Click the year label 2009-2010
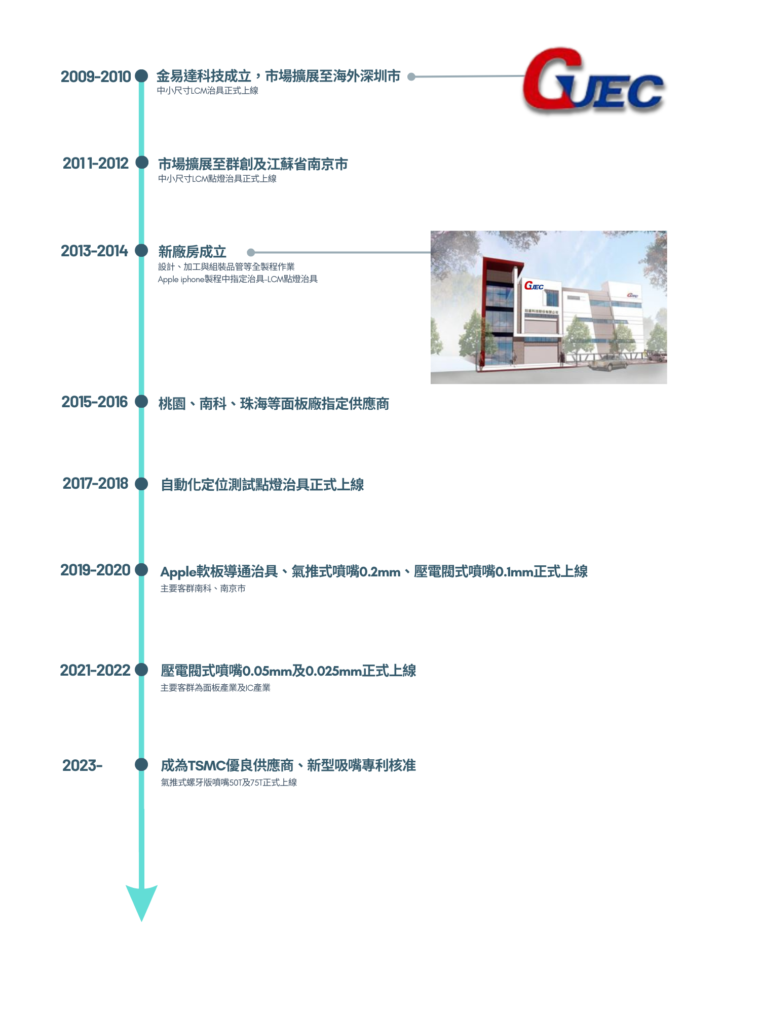(96, 76)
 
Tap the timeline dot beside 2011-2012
(142, 163)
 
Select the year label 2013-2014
(94, 251)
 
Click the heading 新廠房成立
(192, 252)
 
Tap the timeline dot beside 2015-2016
(142, 402)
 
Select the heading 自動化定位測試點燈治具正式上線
(262, 485)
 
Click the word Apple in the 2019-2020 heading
(178, 572)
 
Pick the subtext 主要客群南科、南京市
(203, 589)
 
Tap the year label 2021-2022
(95, 670)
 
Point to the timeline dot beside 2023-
(142, 764)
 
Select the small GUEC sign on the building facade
(534, 286)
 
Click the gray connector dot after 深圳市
(411, 77)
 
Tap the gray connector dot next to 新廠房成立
(250, 252)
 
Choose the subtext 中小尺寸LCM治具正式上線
(208, 91)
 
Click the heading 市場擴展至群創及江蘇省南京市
(253, 164)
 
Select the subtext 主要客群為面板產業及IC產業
(215, 688)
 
